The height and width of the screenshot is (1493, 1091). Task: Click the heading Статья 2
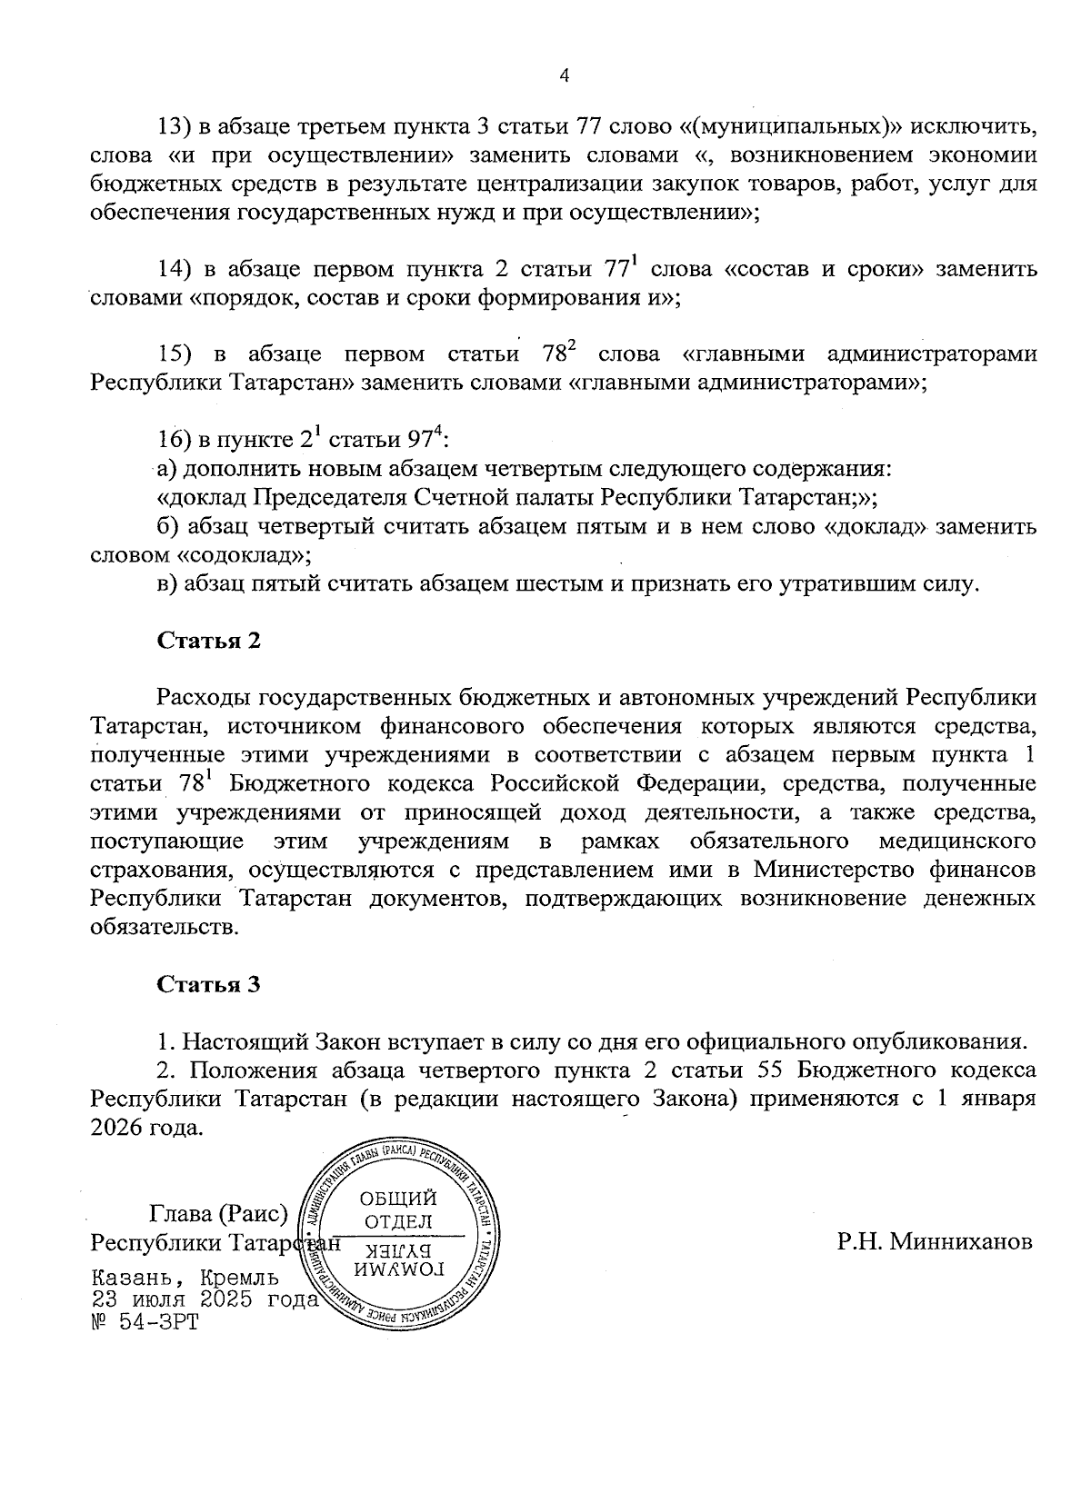point(209,640)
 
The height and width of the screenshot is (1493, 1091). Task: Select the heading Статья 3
point(209,984)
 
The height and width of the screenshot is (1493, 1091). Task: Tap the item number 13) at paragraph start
point(173,125)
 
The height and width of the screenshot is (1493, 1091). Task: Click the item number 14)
point(173,270)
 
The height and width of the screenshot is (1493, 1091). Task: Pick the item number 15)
point(173,353)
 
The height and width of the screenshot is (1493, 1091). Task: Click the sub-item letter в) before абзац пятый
point(167,583)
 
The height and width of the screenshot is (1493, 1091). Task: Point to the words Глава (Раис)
point(218,1213)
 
